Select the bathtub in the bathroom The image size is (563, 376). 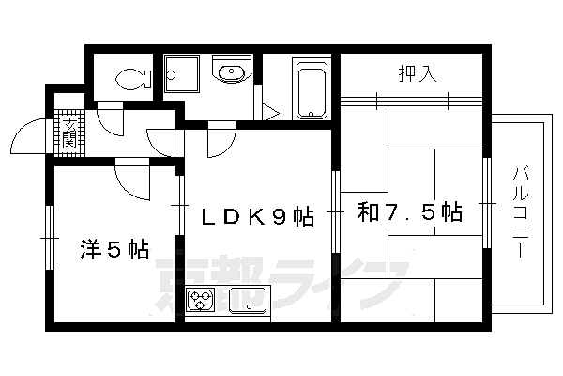312,89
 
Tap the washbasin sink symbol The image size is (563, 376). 231,69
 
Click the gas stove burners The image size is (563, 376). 201,300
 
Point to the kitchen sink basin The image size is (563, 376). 249,301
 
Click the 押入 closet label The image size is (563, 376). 418,73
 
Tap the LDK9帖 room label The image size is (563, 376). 257,216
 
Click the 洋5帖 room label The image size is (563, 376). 114,249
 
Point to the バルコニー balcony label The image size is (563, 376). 520,212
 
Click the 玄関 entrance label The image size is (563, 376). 69,133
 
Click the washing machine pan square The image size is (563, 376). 182,73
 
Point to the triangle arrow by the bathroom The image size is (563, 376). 270,112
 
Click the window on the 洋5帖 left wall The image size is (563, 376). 50,238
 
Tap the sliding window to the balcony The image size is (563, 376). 487,203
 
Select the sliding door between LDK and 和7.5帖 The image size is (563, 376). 335,212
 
